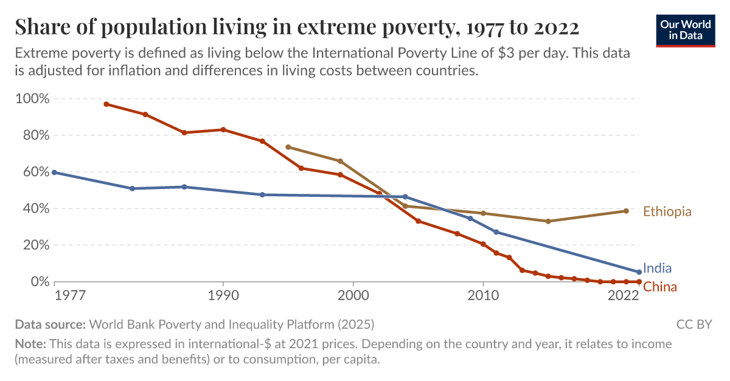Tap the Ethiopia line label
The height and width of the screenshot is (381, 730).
click(667, 211)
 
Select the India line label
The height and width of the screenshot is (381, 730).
click(657, 269)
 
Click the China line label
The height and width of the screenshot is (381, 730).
click(660, 287)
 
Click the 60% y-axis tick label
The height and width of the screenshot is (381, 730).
click(33, 172)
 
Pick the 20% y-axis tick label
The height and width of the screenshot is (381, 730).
click(33, 245)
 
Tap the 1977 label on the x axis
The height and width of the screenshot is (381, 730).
click(69, 296)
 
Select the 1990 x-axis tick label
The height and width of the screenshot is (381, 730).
click(223, 296)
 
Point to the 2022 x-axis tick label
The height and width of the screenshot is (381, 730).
click(622, 296)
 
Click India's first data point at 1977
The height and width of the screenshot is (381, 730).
click(54, 173)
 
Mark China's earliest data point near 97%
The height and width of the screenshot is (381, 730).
click(106, 104)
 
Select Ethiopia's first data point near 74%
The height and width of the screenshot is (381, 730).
click(288, 147)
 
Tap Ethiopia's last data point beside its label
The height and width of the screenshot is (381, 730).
click(626, 211)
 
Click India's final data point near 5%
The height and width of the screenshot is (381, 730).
click(639, 272)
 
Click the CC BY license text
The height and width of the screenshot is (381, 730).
click(693, 324)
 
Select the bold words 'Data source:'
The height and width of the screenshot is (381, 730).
click(50, 324)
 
